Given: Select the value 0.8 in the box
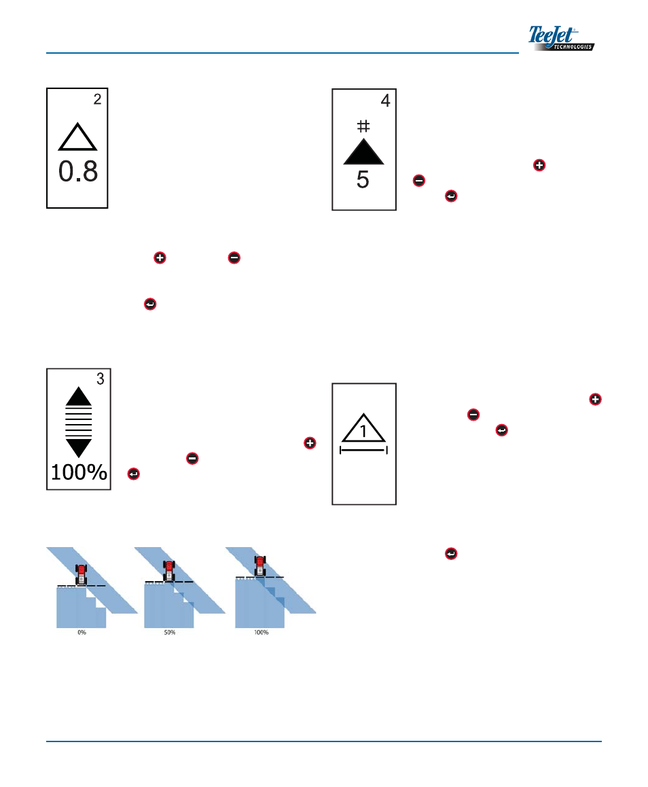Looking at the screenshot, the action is tap(78, 172).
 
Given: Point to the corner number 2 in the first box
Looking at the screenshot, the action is tap(97, 99).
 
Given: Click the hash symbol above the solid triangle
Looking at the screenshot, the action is tap(363, 126).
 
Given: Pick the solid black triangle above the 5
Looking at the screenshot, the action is tap(364, 150).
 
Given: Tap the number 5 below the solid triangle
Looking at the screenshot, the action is tap(363, 180).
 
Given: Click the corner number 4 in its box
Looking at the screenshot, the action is tap(385, 101).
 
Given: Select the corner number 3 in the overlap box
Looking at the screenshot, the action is tap(100, 379).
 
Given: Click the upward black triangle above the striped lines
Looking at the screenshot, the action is tap(79, 396).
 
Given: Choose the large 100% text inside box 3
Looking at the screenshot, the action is tap(79, 472).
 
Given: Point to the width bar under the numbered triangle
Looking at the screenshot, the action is tap(363, 450).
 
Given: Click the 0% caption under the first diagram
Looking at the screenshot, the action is tap(82, 632).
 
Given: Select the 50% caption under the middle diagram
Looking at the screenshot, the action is tap(169, 632).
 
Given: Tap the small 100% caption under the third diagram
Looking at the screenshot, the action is tap(261, 632).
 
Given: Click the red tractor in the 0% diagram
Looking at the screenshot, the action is tap(81, 574).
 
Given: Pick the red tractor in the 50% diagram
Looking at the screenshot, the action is tap(169, 571).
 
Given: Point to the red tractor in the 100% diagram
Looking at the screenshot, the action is tap(260, 566).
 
